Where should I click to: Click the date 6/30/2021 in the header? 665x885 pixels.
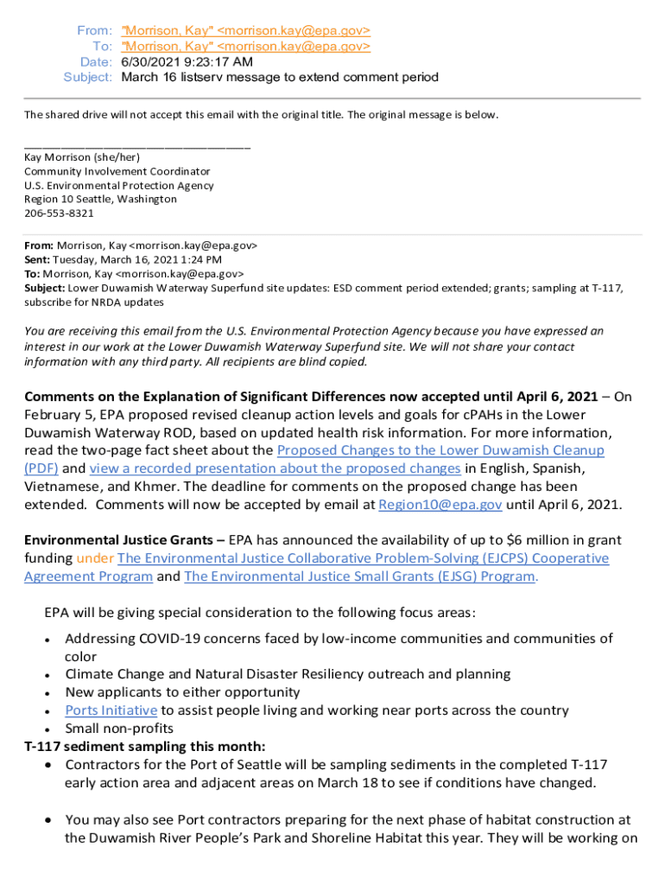pos(150,61)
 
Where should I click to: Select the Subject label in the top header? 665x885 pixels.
pos(88,77)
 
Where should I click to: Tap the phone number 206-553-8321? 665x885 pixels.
pos(59,213)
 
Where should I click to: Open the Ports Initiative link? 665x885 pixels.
pos(111,710)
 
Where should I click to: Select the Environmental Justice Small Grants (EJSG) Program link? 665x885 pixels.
pos(359,576)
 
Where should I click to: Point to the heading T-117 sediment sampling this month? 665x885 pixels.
pos(144,746)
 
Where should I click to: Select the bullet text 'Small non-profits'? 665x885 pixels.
pos(118,728)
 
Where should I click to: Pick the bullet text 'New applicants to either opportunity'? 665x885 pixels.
pos(182,691)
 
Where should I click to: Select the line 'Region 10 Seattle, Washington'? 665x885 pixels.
pos(100,199)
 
